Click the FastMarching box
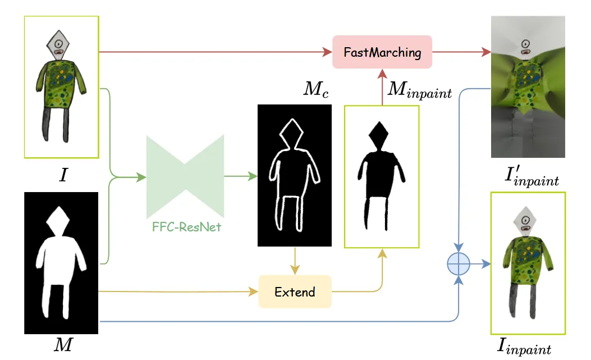coord(382,52)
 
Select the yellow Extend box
coord(295,291)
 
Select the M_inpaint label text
coord(420,91)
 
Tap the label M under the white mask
coord(62,344)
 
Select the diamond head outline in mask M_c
coord(291,135)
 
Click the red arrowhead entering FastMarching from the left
coord(327,52)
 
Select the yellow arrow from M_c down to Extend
coord(294,261)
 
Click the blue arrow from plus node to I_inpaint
coord(480,263)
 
